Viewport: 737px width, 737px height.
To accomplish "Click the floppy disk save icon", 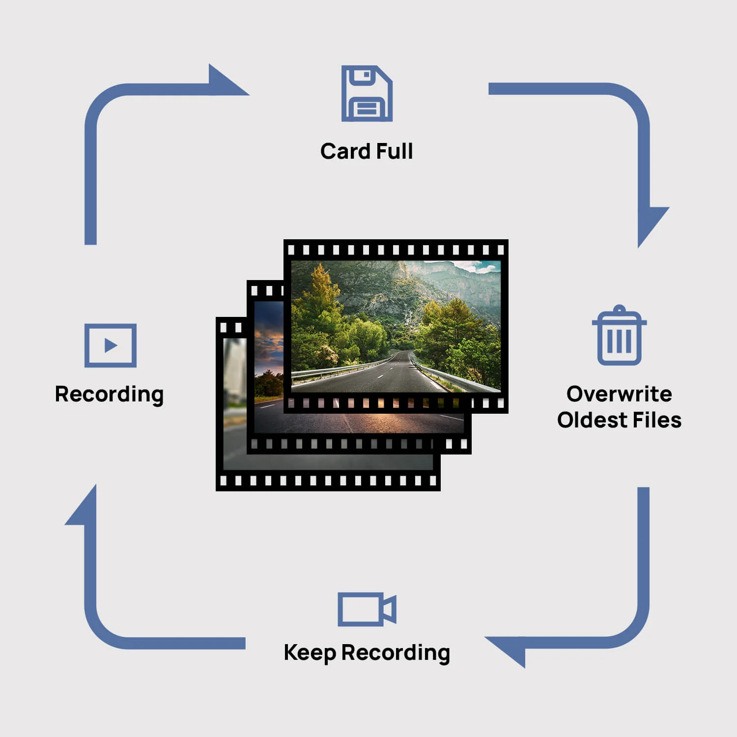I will (367, 93).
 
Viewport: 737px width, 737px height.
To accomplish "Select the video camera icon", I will (367, 609).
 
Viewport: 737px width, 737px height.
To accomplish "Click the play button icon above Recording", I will (111, 345).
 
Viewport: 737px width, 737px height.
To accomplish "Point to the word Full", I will (395, 151).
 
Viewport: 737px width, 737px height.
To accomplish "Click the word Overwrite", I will (619, 394).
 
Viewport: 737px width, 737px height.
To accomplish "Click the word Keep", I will (310, 653).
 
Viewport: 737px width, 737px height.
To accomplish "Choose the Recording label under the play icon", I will (109, 395).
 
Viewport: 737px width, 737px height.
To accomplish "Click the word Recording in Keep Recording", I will (396, 653).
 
